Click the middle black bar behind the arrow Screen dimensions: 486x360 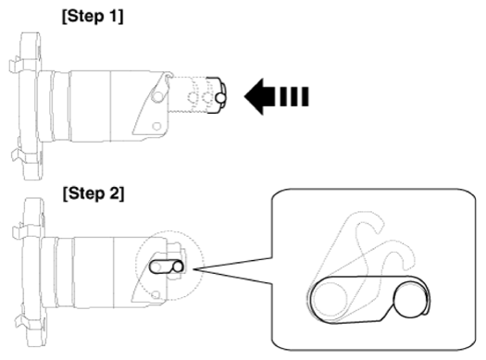click(293, 96)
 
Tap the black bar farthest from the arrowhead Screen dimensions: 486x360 click(305, 96)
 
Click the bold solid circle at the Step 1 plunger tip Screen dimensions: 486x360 click(220, 98)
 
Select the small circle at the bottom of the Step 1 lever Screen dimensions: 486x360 click(156, 127)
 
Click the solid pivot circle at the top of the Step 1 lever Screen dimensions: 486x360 click(157, 96)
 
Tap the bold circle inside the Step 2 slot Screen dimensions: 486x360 click(178, 267)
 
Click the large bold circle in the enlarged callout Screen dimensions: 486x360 click(410, 300)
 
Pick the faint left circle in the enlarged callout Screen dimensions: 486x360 click(330, 298)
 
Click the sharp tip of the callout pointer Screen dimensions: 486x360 click(194, 269)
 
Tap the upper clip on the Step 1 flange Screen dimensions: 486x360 click(16, 65)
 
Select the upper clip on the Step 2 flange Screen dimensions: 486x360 click(19, 231)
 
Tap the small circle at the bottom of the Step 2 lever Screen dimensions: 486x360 click(156, 294)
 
